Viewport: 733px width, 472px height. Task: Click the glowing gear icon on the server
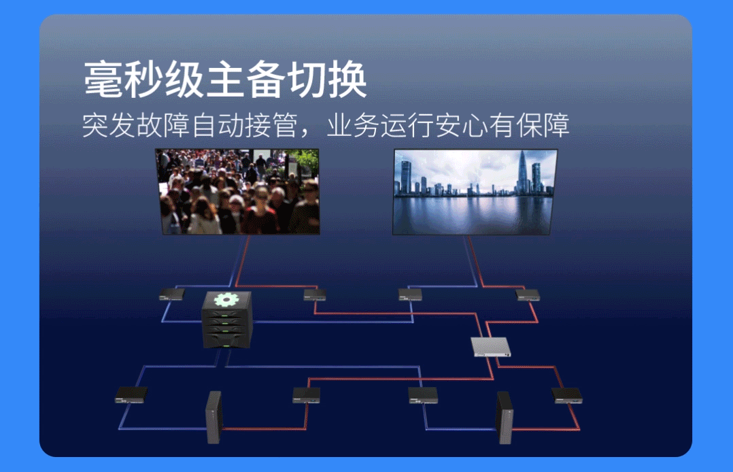226,299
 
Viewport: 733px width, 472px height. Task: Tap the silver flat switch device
492,347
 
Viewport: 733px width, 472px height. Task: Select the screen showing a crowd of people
237,192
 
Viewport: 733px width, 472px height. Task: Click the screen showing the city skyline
475,192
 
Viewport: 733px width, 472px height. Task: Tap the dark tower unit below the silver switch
505,416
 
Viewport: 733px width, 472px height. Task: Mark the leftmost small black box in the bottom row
131,394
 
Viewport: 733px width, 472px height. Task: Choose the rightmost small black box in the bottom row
567,395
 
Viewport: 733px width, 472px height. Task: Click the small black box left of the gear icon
171,294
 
